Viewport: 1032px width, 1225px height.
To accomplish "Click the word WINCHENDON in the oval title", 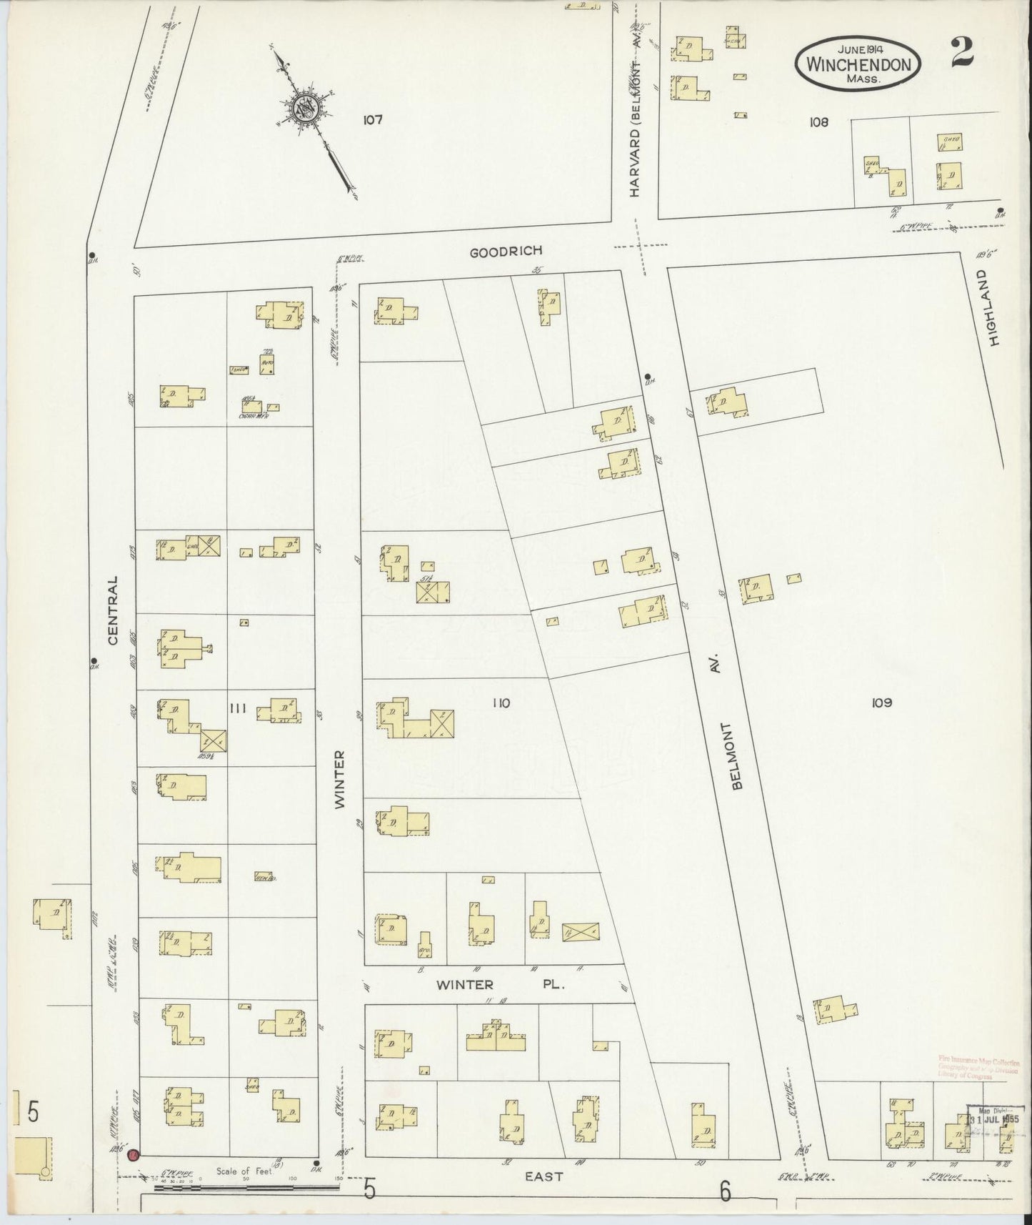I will (858, 64).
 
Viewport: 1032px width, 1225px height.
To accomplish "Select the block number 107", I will (372, 120).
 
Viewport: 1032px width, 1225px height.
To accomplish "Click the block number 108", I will (818, 122).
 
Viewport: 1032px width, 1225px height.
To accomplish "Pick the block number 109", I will (881, 703).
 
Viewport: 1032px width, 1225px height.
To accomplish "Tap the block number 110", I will (501, 703).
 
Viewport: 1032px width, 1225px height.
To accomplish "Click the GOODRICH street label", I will (506, 251).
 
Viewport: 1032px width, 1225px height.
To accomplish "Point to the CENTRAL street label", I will (113, 610).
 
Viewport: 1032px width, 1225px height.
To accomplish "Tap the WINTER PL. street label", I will (501, 984).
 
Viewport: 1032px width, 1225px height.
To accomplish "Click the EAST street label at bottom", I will (545, 1176).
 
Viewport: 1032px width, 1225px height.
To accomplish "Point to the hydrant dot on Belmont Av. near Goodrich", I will (647, 376).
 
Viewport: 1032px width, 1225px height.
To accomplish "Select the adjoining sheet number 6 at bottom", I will (726, 1191).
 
